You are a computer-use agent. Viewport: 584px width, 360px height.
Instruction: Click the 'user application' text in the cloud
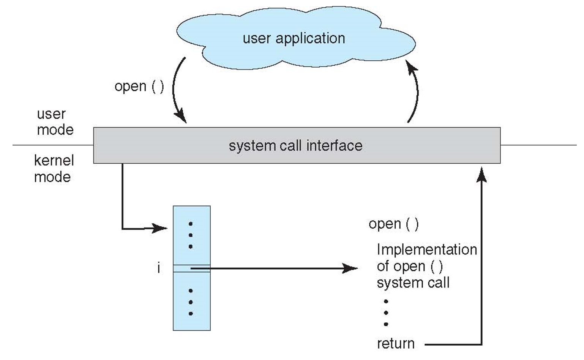tap(294, 38)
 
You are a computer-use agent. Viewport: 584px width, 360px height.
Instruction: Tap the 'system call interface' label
tap(295, 146)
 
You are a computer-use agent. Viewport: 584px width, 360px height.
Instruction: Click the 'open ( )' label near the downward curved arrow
tap(139, 87)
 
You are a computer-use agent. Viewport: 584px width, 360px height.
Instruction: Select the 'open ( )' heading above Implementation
tap(393, 224)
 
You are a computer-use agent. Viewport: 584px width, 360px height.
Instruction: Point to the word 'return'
tap(395, 343)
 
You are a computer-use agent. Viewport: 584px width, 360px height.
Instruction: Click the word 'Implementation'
tap(426, 249)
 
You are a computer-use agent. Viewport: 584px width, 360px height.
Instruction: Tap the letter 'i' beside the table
tap(158, 268)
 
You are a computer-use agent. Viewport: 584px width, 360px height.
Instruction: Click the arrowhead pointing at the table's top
tap(159, 228)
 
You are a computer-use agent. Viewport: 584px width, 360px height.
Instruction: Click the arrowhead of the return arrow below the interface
tap(481, 175)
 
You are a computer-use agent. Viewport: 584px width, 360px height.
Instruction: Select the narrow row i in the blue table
tap(191, 268)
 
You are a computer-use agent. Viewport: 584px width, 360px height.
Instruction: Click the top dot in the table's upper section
tap(191, 224)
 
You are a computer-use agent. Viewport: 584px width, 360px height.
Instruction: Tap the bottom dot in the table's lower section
tap(191, 314)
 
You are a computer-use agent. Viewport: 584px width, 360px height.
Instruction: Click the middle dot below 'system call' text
tap(386, 313)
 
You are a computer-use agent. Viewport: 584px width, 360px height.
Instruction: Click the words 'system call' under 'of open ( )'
tap(413, 283)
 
